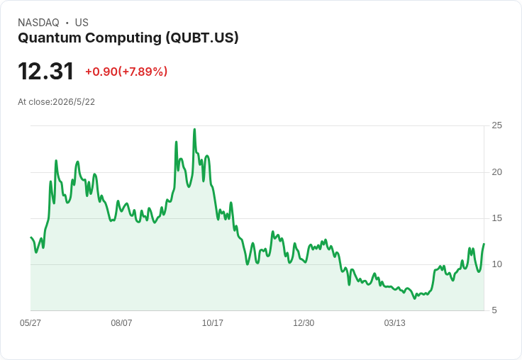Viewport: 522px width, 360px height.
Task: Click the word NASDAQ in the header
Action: point(38,23)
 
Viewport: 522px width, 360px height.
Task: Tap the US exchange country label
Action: point(82,23)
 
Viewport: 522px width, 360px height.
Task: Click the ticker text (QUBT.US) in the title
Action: point(202,38)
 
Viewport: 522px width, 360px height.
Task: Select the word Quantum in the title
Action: point(50,38)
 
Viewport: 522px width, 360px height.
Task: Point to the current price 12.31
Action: point(45,71)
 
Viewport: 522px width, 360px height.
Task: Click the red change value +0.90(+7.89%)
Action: point(126,72)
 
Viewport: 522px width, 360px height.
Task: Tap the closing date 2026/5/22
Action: point(74,102)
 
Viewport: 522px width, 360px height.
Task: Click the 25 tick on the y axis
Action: point(497,125)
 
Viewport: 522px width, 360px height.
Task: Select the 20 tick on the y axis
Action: point(497,172)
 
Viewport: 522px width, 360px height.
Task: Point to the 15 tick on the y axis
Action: point(497,218)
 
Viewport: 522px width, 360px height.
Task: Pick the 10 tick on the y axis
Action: point(497,264)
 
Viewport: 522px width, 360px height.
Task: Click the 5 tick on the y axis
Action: point(494,310)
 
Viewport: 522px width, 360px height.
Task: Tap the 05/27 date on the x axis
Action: point(30,323)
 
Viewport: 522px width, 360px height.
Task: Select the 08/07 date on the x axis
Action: point(121,323)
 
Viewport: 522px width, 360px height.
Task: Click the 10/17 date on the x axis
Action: point(212,323)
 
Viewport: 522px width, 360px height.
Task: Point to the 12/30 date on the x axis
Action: point(304,323)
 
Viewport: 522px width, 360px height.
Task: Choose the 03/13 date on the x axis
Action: point(394,323)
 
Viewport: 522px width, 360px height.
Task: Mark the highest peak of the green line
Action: point(195,130)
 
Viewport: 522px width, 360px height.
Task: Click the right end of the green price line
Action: point(484,244)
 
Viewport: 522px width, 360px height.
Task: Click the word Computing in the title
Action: point(123,38)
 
